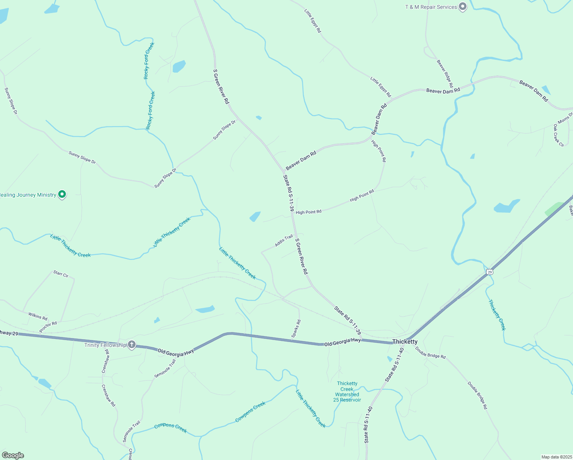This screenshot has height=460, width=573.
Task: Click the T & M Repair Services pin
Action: tap(463, 7)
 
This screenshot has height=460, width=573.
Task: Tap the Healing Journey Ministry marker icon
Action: tap(62, 194)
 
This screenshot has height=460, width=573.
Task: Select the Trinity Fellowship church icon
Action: tap(131, 345)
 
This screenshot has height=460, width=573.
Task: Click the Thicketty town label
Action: tap(405, 342)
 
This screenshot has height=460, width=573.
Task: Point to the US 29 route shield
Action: tap(490, 272)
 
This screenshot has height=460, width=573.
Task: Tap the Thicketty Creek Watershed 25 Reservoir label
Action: tap(347, 392)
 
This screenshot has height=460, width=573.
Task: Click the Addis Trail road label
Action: tap(284, 240)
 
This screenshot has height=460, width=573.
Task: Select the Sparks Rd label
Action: tap(296, 329)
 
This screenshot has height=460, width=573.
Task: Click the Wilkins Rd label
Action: tap(38, 316)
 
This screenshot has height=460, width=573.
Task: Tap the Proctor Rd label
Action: tap(48, 327)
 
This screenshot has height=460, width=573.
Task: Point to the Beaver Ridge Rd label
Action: tap(445, 74)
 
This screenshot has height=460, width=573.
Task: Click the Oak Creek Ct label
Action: tap(558, 135)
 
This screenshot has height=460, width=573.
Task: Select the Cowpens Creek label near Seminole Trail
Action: tap(170, 428)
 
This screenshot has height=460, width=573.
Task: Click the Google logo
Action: tap(13, 455)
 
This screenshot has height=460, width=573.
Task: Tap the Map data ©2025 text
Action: tap(556, 457)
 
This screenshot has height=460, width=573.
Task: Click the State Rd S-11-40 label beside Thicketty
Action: tap(395, 365)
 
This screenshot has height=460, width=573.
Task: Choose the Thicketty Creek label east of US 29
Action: tap(497, 315)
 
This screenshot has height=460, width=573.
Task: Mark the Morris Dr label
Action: tap(565, 118)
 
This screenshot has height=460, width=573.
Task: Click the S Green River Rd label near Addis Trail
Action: tap(301, 256)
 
